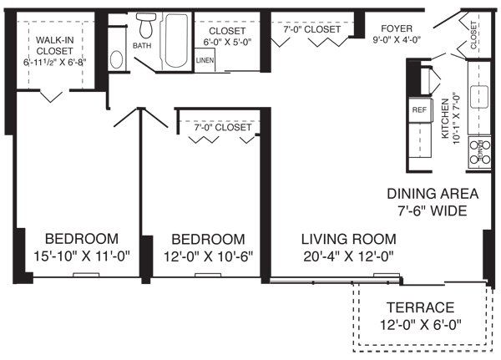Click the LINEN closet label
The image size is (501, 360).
[x=205, y=61]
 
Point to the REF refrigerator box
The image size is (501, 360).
[x=418, y=109]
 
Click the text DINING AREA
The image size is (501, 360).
[x=432, y=193]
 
